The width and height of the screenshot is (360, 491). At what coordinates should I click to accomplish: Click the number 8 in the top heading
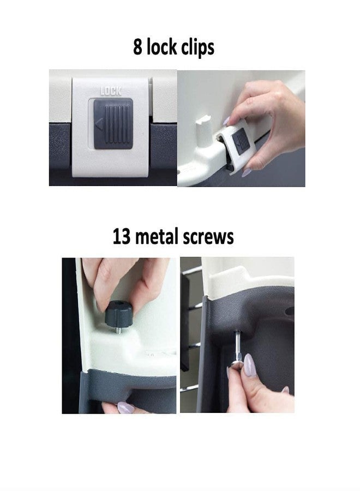pos(138,47)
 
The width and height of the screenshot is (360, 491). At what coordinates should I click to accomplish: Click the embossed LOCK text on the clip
pos(111,91)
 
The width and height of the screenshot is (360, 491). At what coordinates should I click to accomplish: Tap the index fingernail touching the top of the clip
pos(227,121)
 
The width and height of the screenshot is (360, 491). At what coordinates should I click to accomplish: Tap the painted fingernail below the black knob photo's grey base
pos(125,407)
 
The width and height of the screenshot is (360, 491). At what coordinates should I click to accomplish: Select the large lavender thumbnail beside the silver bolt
pos(249,365)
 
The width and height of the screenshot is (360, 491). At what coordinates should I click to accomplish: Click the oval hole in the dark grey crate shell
pos(289,311)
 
